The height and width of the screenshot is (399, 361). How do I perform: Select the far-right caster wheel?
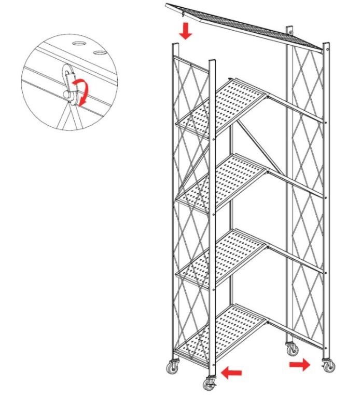[x=327, y=366]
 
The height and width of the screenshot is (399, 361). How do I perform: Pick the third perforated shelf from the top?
[x=223, y=255]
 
